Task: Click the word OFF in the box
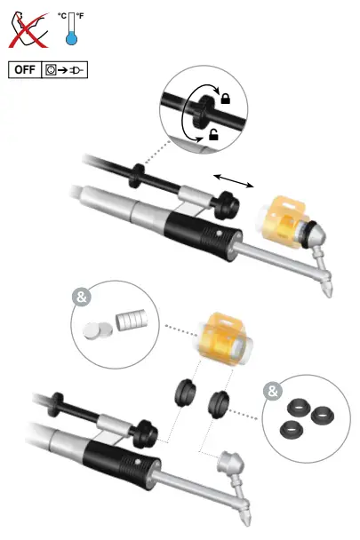(x=25, y=69)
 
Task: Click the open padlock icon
(x=214, y=134)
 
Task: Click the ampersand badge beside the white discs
(x=83, y=298)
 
